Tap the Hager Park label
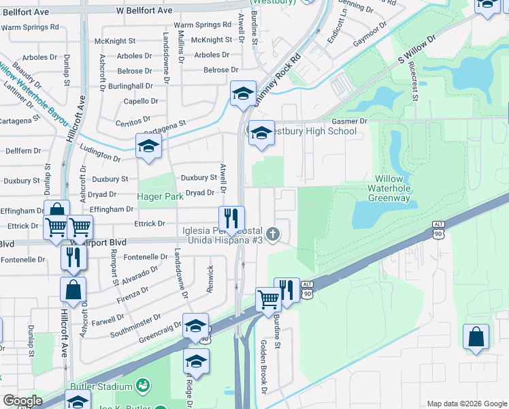(160, 196)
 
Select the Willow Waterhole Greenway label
(389, 188)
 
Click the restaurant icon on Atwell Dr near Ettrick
(231, 219)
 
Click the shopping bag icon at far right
(476, 337)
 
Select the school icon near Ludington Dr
(148, 146)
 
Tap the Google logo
(22, 401)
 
